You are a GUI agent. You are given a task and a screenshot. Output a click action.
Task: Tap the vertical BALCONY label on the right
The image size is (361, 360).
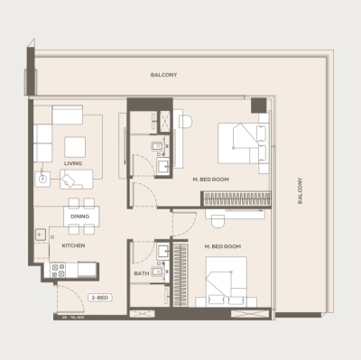point(300,190)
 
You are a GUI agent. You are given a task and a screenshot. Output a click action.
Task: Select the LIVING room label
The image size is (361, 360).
point(73,163)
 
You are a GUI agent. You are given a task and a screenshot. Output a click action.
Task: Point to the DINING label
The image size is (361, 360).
point(78,217)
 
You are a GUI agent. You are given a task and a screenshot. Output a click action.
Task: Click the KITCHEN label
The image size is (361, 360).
point(73,245)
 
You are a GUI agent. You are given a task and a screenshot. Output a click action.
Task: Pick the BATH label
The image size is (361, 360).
point(142,273)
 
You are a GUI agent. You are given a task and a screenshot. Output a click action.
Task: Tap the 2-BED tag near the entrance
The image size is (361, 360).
point(99,297)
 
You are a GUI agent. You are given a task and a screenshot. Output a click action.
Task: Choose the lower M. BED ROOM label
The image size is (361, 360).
point(221,245)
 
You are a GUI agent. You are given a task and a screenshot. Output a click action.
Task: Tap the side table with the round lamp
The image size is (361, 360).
point(43,179)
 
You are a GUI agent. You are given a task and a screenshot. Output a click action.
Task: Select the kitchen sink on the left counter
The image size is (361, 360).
point(42,235)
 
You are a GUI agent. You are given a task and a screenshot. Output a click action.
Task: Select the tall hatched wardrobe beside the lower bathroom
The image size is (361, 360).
point(181,272)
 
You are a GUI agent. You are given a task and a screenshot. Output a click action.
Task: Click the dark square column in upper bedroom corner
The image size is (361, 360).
point(259,104)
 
